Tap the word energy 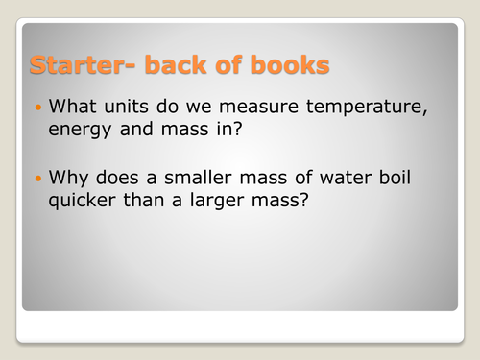pyautogui.click(x=76, y=131)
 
